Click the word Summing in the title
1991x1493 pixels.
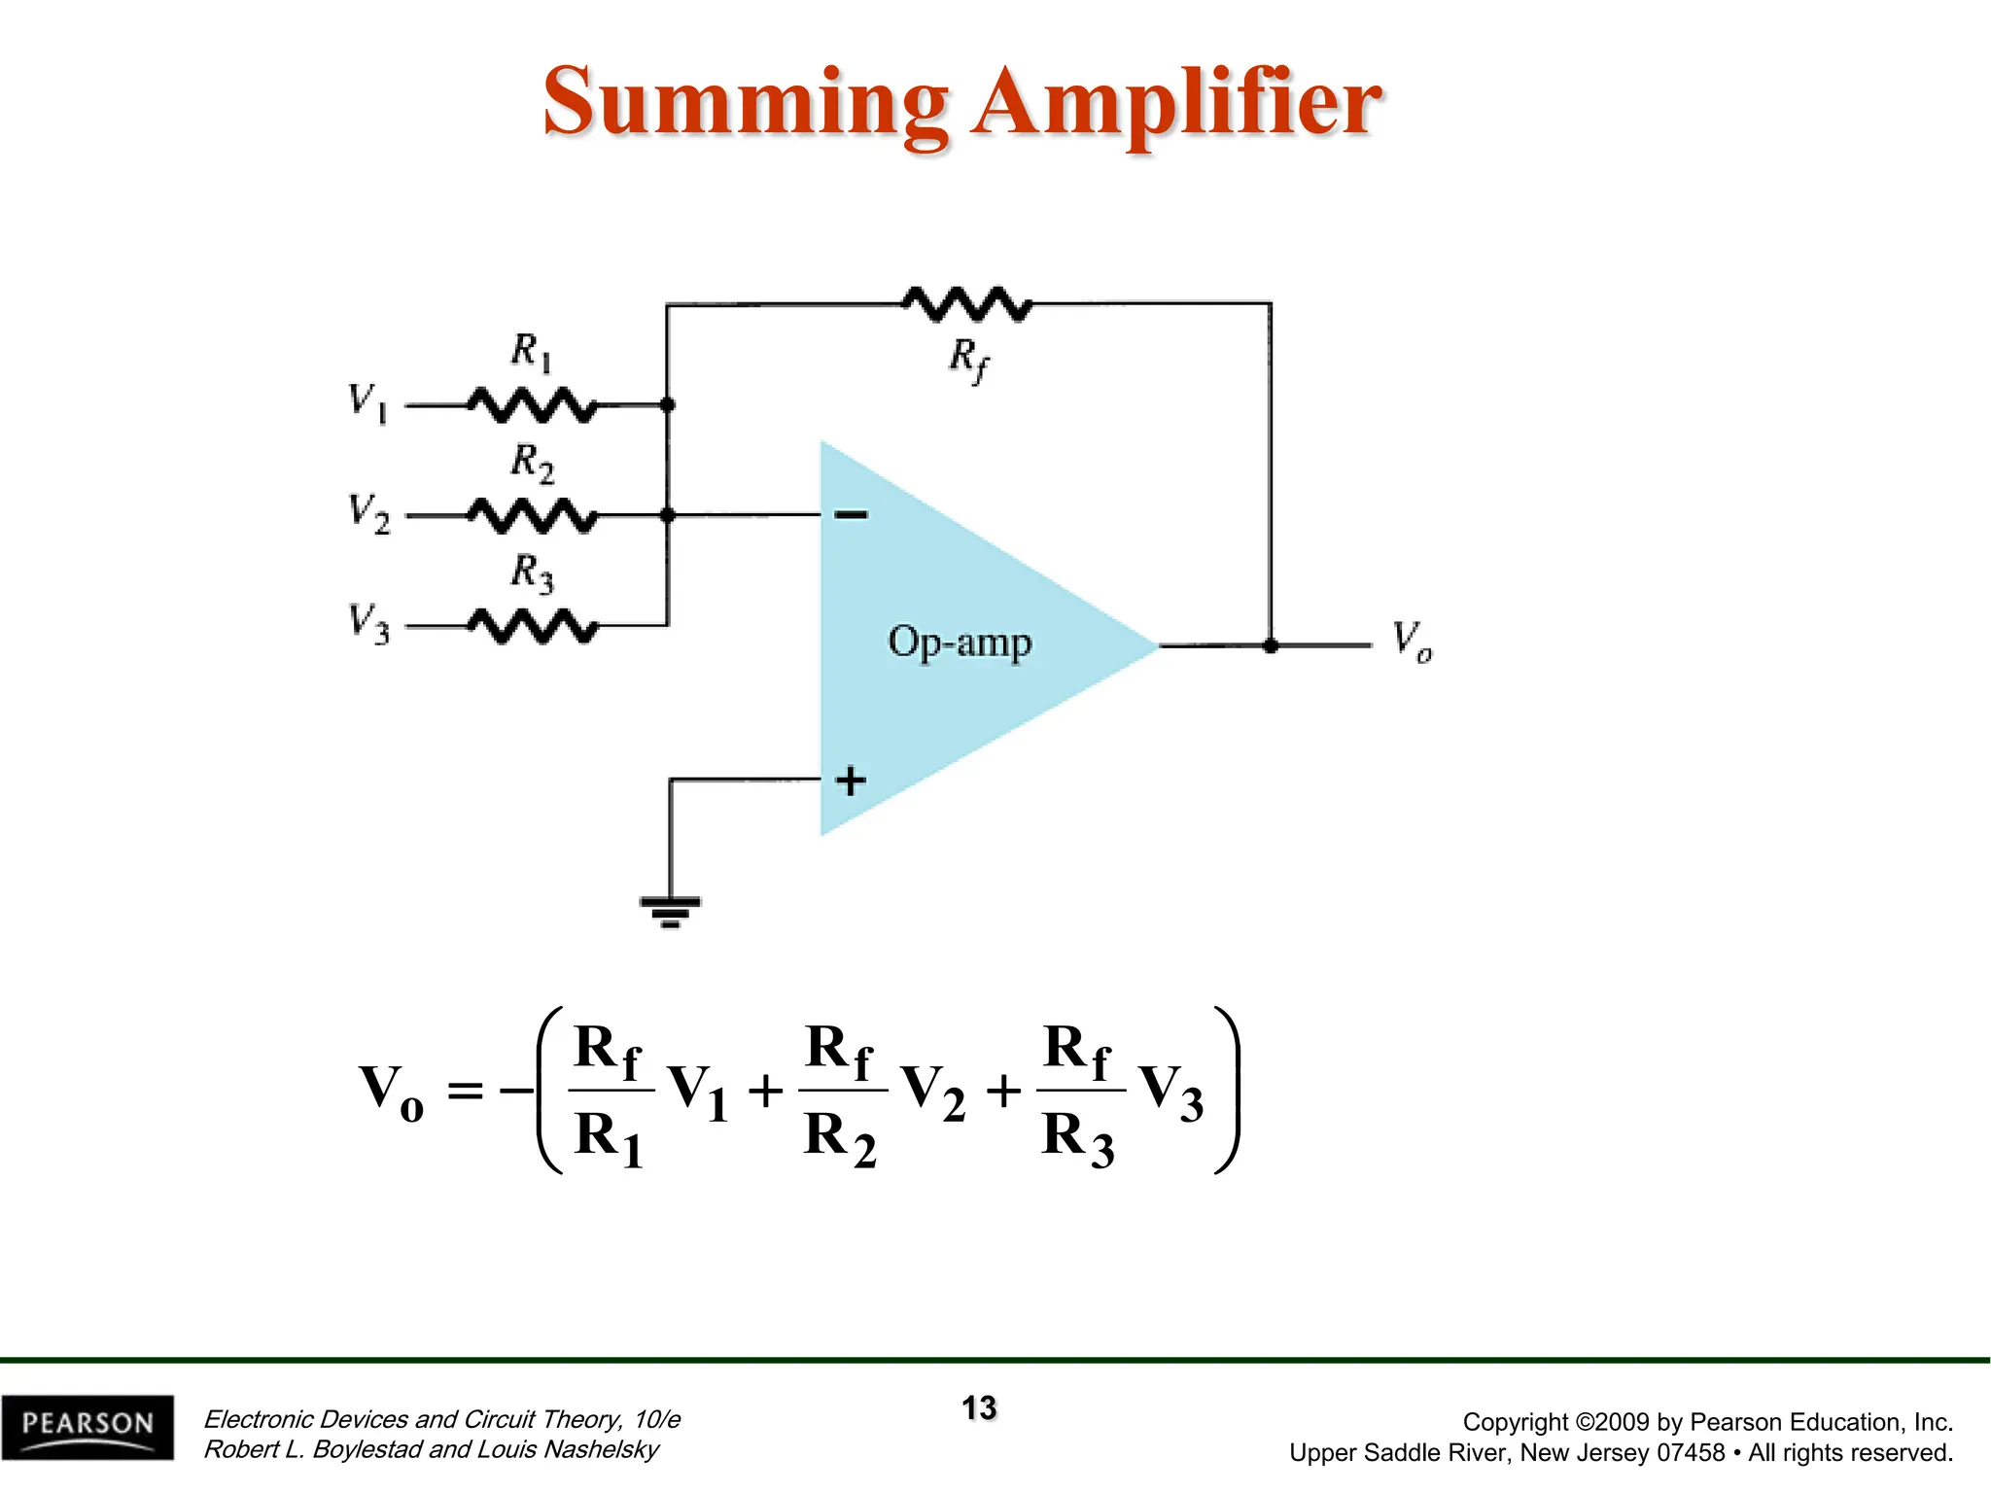(x=744, y=103)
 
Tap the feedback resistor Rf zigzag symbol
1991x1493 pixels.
(x=967, y=304)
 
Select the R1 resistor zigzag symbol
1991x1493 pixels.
(x=533, y=404)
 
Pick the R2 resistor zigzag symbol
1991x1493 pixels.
(x=533, y=515)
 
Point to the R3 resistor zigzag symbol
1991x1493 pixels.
(x=533, y=626)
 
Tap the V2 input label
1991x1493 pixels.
(x=368, y=512)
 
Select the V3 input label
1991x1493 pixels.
(x=368, y=623)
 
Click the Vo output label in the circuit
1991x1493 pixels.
(x=1411, y=642)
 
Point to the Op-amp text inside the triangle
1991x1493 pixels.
(x=959, y=642)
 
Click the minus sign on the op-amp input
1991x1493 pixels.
(x=852, y=514)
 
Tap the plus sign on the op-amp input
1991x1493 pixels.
(x=851, y=781)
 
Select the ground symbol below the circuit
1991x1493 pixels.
(x=670, y=912)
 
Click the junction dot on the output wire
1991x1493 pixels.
(x=1270, y=645)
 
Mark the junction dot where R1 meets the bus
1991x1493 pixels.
(x=667, y=404)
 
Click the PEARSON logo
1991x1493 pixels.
(x=87, y=1426)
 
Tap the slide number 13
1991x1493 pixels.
(x=979, y=1407)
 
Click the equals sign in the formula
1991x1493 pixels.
(x=465, y=1091)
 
